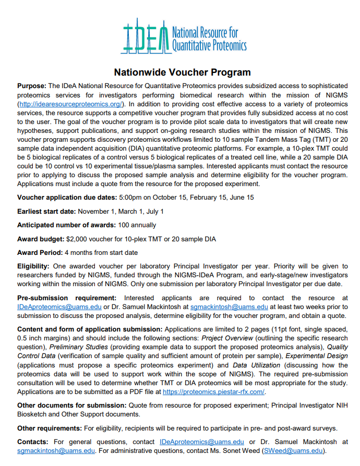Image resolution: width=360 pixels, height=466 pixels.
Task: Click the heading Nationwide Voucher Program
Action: [182, 72]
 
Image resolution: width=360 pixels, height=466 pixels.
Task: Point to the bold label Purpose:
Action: [32, 85]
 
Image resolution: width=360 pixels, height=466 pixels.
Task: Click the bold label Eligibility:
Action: [33, 266]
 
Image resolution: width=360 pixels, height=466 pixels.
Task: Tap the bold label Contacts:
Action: [33, 442]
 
